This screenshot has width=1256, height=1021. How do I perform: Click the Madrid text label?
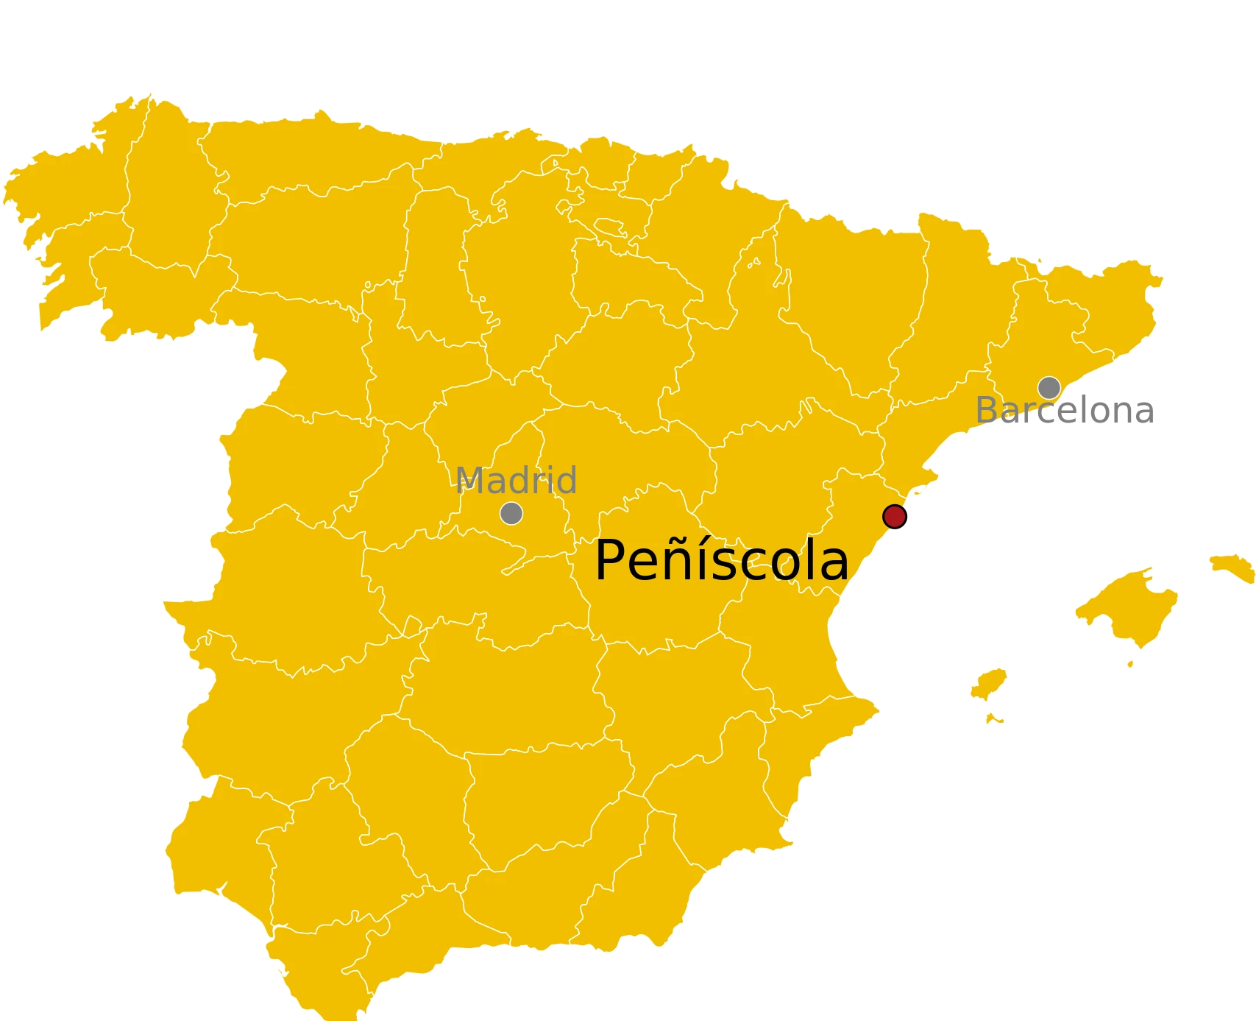tap(517, 481)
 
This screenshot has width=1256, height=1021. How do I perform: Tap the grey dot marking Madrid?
tap(511, 513)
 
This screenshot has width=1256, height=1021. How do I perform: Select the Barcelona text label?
tap(1063, 411)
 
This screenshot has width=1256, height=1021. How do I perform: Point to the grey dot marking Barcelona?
tap(1049, 387)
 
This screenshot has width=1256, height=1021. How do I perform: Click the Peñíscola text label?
tap(721, 561)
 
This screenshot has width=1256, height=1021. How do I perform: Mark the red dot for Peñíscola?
tap(894, 517)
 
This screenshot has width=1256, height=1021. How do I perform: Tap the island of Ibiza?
tap(989, 684)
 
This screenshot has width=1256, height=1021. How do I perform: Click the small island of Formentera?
tap(994, 718)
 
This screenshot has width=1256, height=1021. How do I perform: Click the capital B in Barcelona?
tap(988, 410)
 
